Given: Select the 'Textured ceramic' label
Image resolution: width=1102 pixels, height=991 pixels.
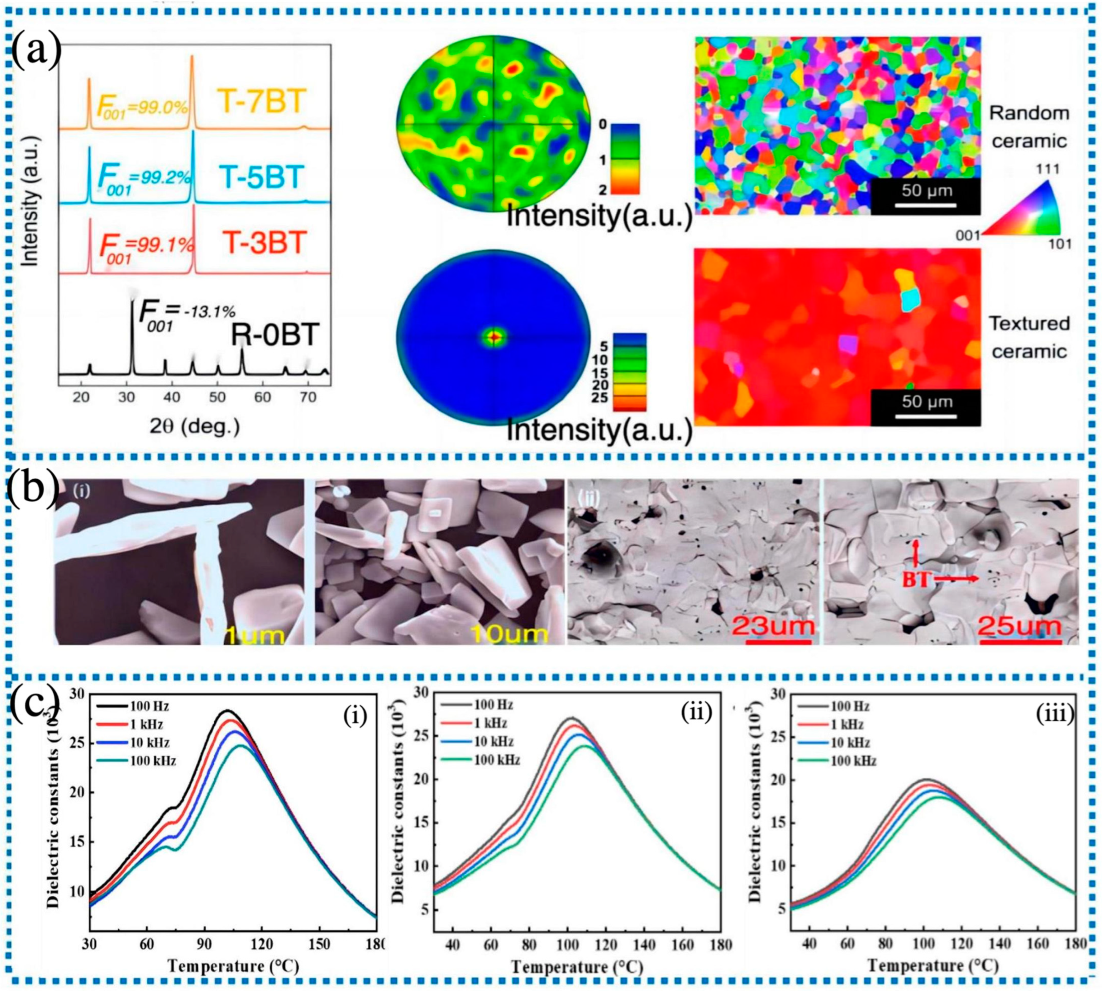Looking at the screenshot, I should tap(1028, 338).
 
